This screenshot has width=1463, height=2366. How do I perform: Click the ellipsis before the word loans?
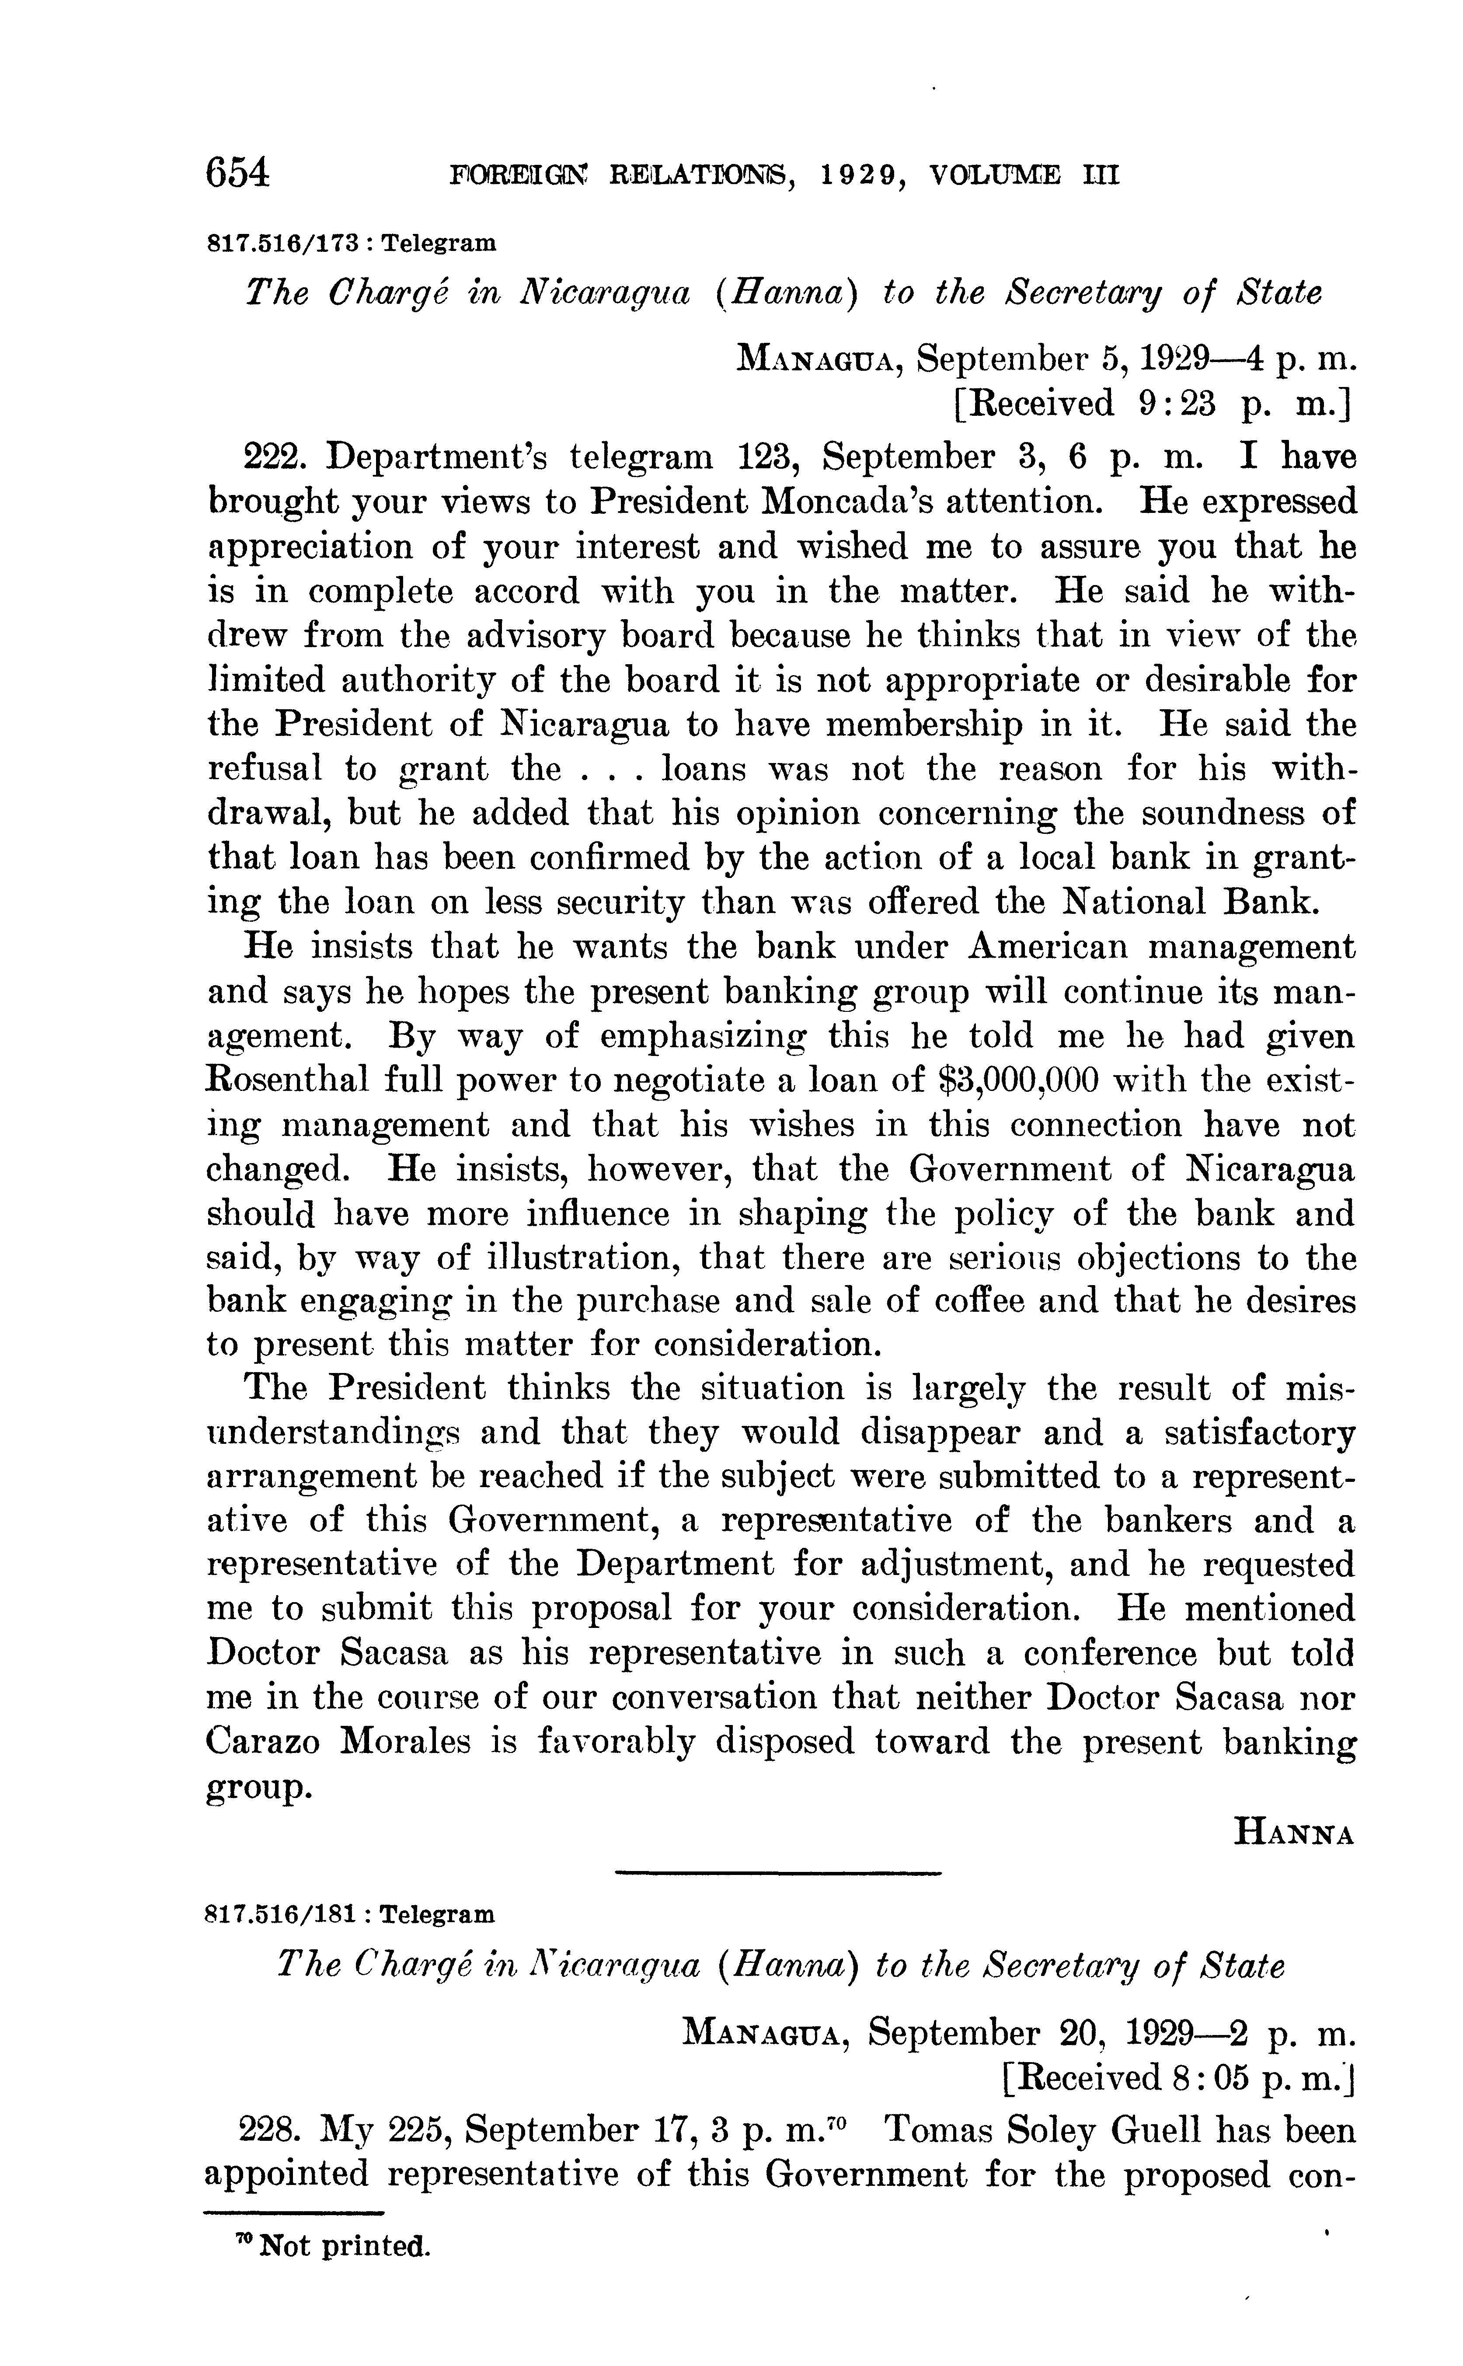(x=608, y=769)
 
